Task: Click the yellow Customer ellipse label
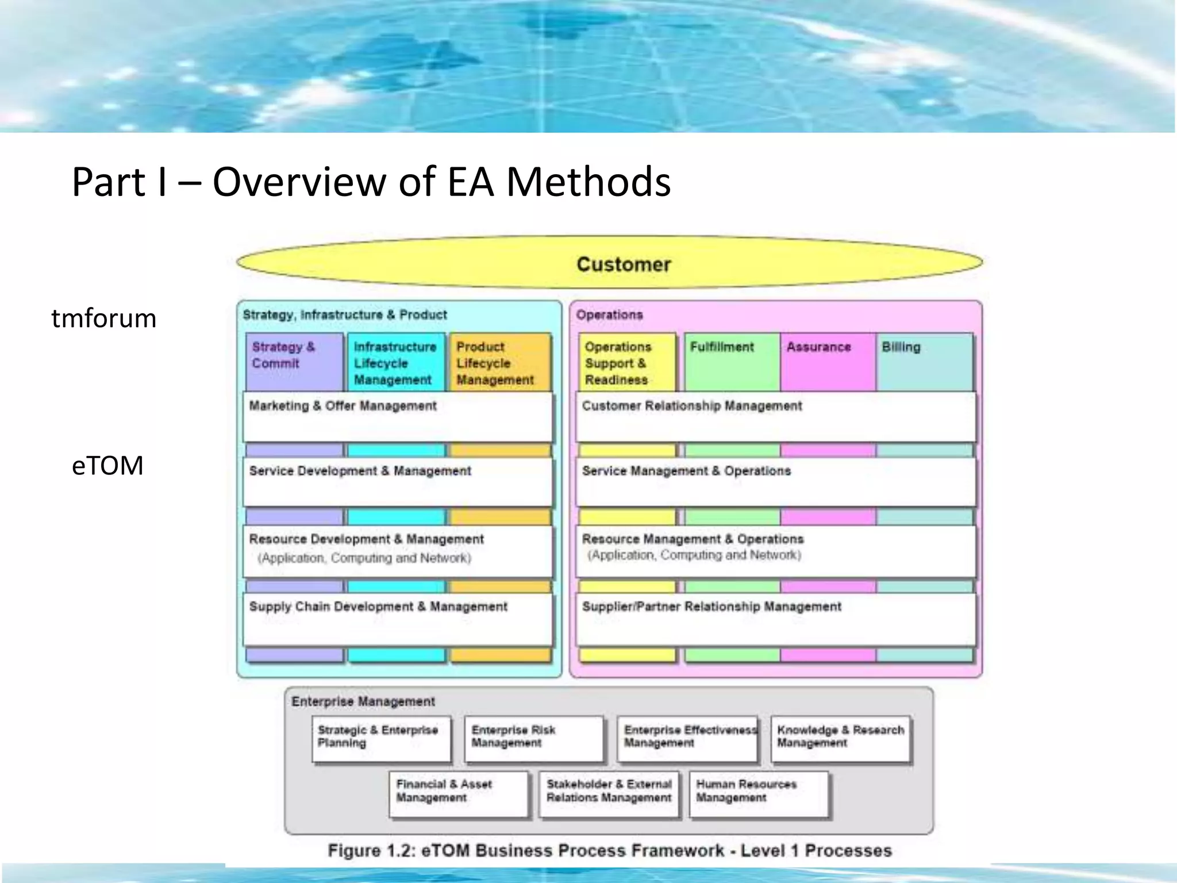(624, 264)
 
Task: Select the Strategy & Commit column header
(283, 355)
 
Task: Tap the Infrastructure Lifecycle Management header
(394, 363)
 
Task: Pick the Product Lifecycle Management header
(495, 363)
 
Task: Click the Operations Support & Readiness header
(618, 363)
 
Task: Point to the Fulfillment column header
(722, 347)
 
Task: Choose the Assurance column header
(818, 347)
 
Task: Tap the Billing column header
(901, 347)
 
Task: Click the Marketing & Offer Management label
(343, 406)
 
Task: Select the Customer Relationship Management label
(692, 406)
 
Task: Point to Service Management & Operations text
(686, 471)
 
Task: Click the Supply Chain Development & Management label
(378, 606)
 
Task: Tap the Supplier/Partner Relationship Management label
(711, 606)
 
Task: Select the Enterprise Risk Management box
(533, 739)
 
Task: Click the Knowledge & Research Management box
(840, 739)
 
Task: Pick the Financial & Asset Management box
(458, 793)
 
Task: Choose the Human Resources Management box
(759, 793)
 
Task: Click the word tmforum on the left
(104, 318)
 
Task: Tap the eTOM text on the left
(107, 465)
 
